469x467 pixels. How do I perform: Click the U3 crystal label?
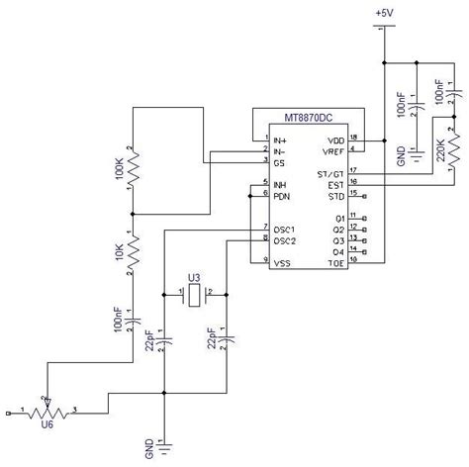click(195, 278)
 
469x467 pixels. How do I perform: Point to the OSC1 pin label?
click(285, 229)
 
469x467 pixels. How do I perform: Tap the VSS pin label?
click(282, 261)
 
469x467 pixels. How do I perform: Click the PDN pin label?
click(282, 194)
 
